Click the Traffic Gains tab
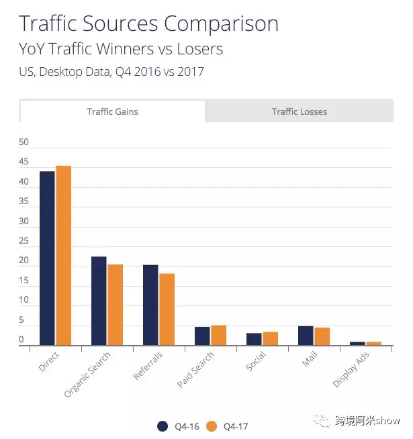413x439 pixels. [x=112, y=111]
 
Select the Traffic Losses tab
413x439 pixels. [x=300, y=111]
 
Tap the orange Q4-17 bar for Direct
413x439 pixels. [x=64, y=255]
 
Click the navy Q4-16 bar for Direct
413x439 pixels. [x=47, y=258]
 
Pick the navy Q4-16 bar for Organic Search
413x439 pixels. [x=99, y=301]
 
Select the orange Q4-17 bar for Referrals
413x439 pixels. [x=167, y=309]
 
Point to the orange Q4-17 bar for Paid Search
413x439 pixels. [x=219, y=335]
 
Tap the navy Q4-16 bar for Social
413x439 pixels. [x=254, y=339]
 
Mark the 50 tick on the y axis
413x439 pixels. [x=24, y=142]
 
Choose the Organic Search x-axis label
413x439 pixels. [x=87, y=373]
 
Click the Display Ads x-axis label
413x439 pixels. [x=351, y=369]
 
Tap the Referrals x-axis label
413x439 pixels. [x=148, y=367]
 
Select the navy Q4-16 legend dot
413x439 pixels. [x=163, y=426]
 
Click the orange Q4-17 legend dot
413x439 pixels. [x=212, y=426]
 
